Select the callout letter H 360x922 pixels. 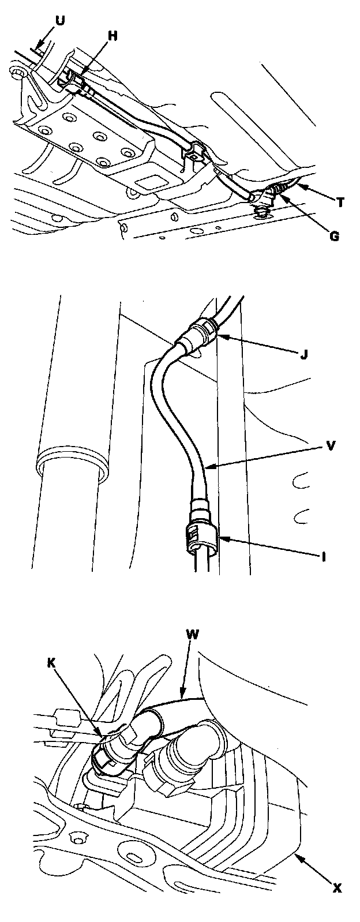pyautogui.click(x=112, y=36)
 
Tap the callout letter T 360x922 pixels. pyautogui.click(x=341, y=202)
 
